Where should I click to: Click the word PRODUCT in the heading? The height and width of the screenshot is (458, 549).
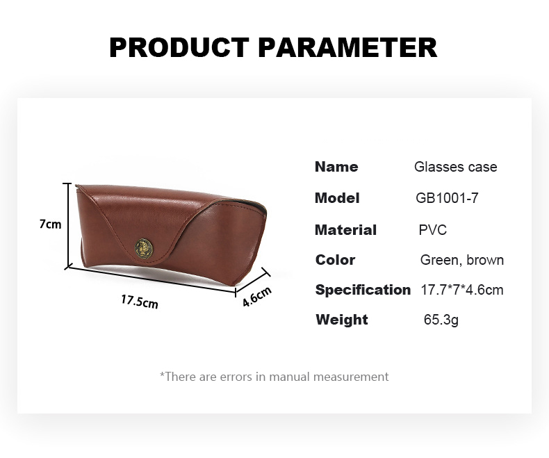click(x=179, y=47)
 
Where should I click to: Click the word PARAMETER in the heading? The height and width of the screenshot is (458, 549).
click(x=348, y=47)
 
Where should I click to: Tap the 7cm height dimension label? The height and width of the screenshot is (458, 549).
click(x=49, y=224)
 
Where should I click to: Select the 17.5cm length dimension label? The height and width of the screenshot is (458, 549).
click(x=139, y=302)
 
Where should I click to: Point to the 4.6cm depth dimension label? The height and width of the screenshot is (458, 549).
click(x=256, y=297)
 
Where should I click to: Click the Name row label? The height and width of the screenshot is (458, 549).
click(x=336, y=167)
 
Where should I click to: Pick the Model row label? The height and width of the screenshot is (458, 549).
click(x=337, y=198)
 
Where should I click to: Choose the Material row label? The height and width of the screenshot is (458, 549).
click(x=345, y=230)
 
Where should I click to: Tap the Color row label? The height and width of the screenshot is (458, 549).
click(x=335, y=260)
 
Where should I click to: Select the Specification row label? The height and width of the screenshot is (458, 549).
click(x=363, y=290)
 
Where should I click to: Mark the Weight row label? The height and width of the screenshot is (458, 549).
click(x=341, y=320)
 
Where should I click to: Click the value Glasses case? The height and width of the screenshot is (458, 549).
click(x=455, y=167)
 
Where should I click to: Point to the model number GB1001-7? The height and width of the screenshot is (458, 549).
click(x=447, y=198)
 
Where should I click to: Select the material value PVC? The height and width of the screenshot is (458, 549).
click(x=432, y=230)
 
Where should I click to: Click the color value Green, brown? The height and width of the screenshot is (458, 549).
click(x=461, y=260)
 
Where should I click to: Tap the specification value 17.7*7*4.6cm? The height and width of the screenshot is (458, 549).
click(x=461, y=290)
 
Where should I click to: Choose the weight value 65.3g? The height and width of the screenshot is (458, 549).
click(x=441, y=320)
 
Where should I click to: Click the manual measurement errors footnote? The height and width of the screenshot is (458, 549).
click(x=274, y=377)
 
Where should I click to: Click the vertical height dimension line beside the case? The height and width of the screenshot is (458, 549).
click(x=67, y=224)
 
